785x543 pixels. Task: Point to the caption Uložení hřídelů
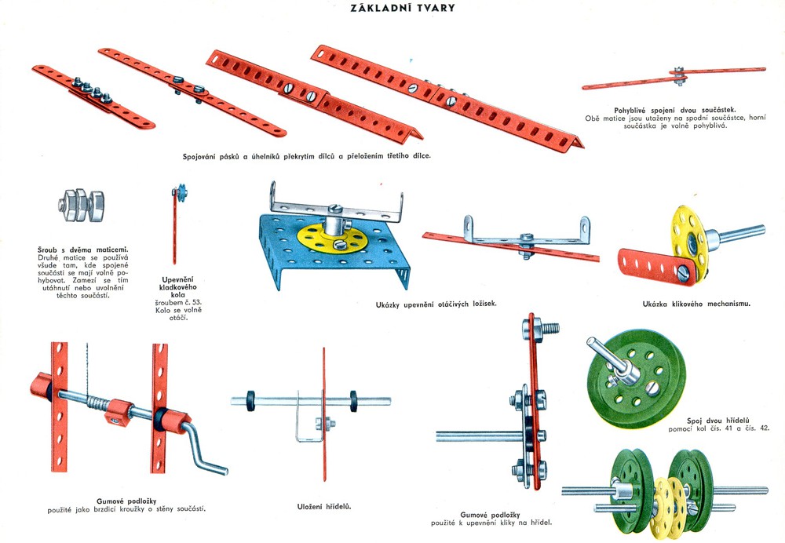pos(324,506)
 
